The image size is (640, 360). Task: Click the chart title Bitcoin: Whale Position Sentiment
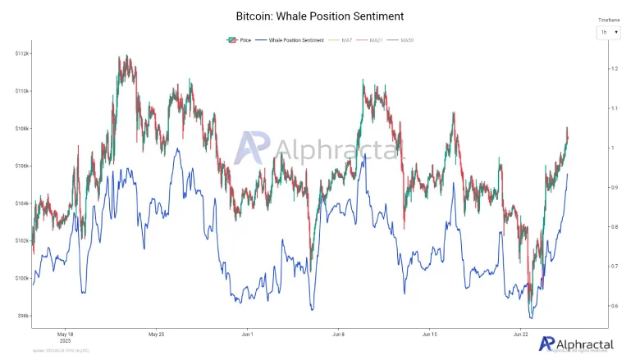(x=319, y=16)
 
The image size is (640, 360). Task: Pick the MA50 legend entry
(x=406, y=40)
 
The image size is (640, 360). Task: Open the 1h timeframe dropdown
(x=608, y=32)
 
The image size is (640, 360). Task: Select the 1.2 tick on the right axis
(x=613, y=69)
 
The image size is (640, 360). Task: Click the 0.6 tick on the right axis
(x=613, y=306)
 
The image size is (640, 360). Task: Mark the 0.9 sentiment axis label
(x=613, y=188)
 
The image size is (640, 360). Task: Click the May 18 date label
(x=66, y=335)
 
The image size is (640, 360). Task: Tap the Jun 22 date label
(x=520, y=335)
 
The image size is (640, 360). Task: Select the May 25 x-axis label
(x=157, y=335)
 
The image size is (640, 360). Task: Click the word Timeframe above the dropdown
(x=609, y=18)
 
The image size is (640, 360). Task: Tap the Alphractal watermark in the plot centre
(x=320, y=149)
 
